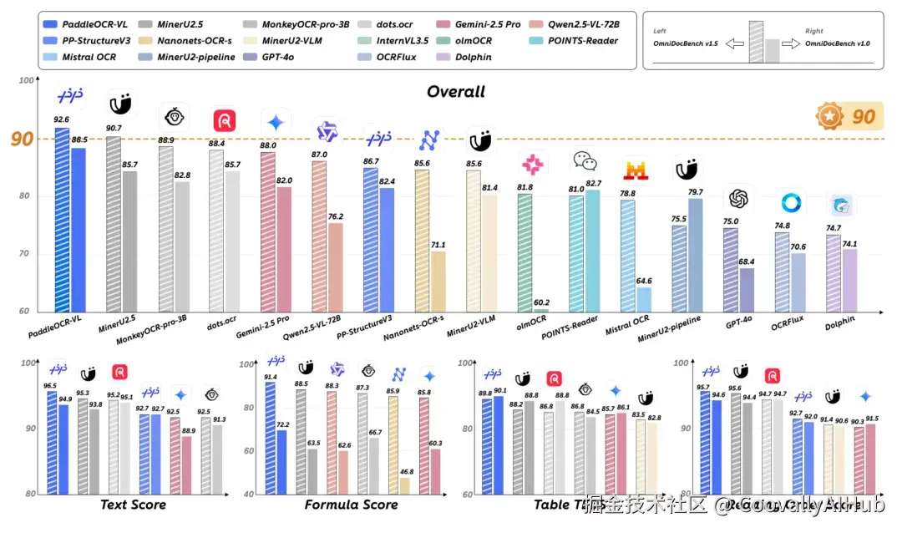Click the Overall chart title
(455, 91)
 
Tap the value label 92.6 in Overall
(62, 119)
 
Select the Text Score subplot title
(133, 505)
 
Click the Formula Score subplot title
(351, 505)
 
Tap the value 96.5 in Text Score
(50, 385)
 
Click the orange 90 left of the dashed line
(22, 139)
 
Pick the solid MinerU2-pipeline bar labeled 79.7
(695, 255)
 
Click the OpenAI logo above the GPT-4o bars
(737, 199)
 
